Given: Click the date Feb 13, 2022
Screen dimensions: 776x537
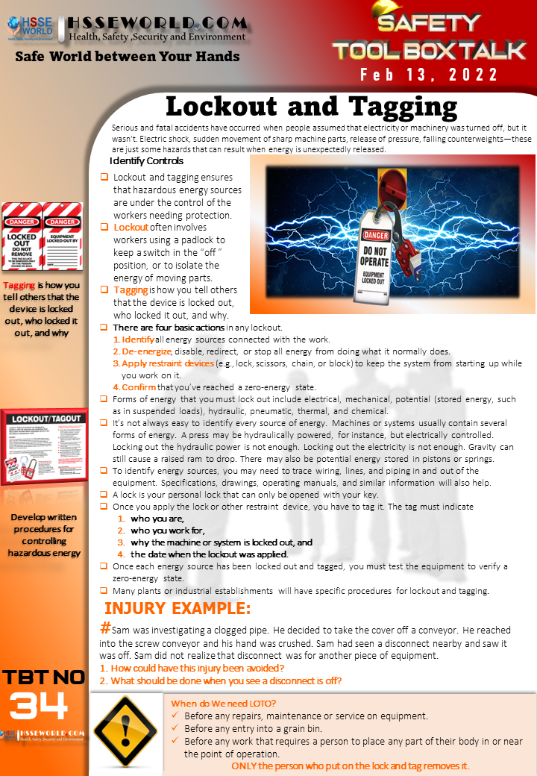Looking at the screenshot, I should point(429,75).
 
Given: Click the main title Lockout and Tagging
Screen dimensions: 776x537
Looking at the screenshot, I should point(311,106).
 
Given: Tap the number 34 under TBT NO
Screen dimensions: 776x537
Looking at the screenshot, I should point(39,705).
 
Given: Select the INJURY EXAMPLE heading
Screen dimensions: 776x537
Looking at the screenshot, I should point(178,607).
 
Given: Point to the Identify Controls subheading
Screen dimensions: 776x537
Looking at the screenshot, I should point(146,161).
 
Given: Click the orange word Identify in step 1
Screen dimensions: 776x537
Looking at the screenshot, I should point(138,339).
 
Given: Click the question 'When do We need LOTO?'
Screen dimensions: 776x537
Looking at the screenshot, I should point(223,703).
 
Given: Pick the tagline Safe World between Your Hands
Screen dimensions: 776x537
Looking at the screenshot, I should point(128,56).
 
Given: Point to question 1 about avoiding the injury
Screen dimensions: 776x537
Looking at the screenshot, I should point(192,668).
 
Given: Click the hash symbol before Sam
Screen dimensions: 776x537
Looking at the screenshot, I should point(106,629).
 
